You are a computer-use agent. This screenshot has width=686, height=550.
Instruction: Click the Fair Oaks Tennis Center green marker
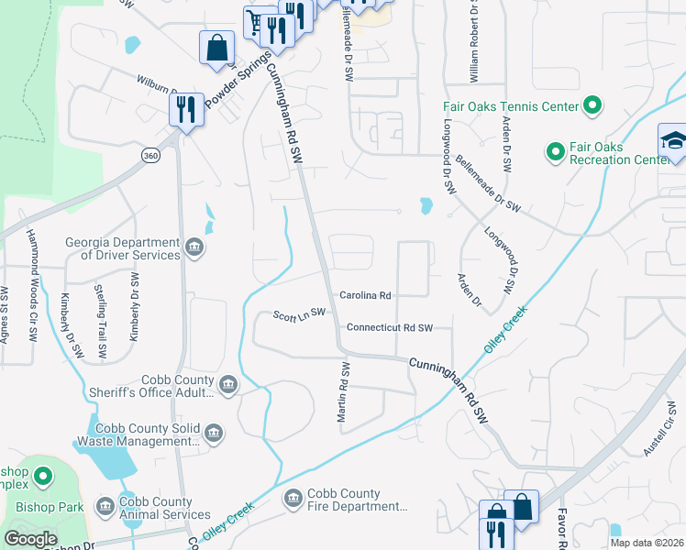click(x=592, y=106)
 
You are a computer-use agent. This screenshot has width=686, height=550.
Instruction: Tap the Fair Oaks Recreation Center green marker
click(x=554, y=150)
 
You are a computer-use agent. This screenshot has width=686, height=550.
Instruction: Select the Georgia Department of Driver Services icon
click(x=194, y=246)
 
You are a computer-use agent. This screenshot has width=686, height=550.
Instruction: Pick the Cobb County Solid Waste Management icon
click(x=214, y=433)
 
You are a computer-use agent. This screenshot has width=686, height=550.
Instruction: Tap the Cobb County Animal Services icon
click(x=104, y=506)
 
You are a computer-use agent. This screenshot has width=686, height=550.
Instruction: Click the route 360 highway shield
click(x=149, y=156)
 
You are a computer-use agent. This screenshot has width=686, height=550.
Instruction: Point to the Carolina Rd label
click(x=366, y=296)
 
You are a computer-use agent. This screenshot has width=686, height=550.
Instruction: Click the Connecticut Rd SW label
click(x=388, y=327)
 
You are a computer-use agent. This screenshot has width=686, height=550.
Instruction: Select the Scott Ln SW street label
click(x=299, y=315)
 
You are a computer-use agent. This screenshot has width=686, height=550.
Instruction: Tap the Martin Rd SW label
click(x=344, y=392)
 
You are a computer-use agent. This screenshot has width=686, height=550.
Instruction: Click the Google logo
click(x=30, y=539)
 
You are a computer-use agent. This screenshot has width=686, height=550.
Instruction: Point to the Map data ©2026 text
click(x=647, y=543)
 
